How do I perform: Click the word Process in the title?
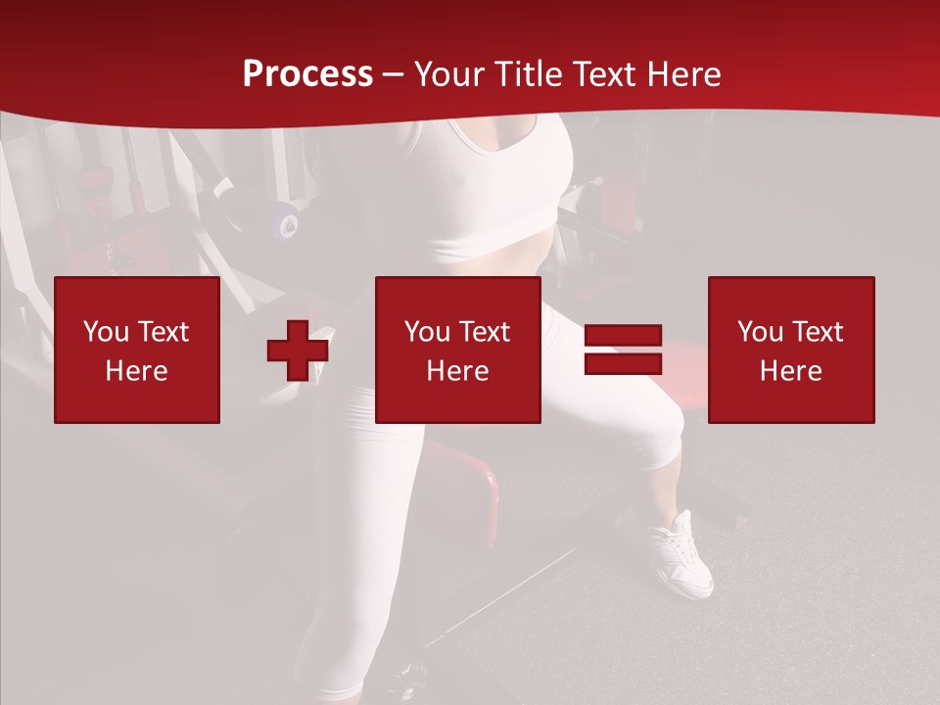[307, 74]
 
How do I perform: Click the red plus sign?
[298, 351]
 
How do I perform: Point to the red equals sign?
[623, 350]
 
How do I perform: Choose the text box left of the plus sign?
[137, 350]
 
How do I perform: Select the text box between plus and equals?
[458, 350]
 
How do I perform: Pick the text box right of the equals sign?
[791, 350]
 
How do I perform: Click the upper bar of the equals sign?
[623, 336]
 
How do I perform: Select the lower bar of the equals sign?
[623, 363]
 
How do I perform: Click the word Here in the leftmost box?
[137, 371]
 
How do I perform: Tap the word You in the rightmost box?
[760, 332]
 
